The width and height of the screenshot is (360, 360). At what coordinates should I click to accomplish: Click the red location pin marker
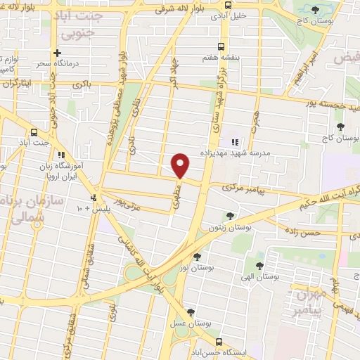(181, 165)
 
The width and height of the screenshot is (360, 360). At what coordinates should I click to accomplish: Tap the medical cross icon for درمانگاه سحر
(58, 53)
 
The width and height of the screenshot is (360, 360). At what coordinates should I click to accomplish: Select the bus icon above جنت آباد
(34, 131)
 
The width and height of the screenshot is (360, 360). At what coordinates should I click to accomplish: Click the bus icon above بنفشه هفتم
(222, 46)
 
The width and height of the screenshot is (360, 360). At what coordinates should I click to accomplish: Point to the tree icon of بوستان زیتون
(229, 215)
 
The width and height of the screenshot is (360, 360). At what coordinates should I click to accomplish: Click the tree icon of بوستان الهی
(260, 266)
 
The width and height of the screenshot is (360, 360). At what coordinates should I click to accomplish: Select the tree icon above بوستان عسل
(191, 313)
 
